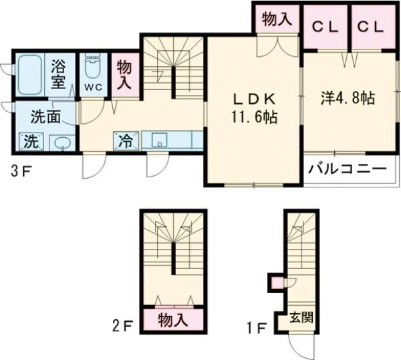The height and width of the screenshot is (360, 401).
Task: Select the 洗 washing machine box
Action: pyautogui.click(x=31, y=141)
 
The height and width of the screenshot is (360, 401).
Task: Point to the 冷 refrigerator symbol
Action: pyautogui.click(x=126, y=141)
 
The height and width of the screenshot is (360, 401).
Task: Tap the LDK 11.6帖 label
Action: pyautogui.click(x=254, y=108)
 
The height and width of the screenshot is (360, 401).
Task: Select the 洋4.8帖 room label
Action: pyautogui.click(x=347, y=98)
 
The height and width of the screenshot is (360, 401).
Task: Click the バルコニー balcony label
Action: pyautogui.click(x=348, y=169)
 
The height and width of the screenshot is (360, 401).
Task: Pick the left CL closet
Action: pyautogui.click(x=325, y=27)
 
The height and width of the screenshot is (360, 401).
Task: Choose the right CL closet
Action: pyautogui.click(x=370, y=27)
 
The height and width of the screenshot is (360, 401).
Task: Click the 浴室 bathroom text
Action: pyautogui.click(x=58, y=75)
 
